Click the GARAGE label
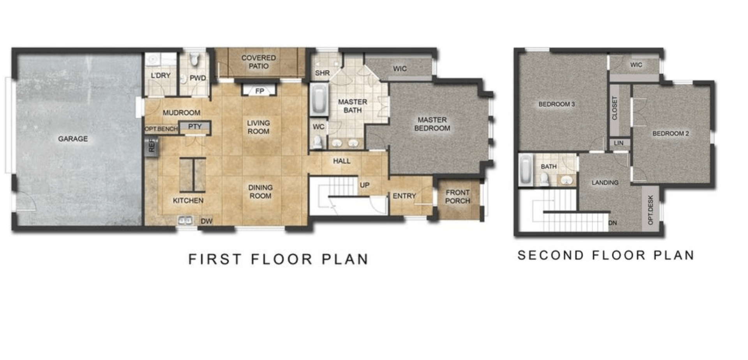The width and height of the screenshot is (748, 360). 73,139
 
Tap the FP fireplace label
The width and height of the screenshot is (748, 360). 259,91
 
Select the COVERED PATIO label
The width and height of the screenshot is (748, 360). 258,62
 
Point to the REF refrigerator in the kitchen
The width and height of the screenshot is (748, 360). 152,146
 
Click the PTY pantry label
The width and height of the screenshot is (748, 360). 195,127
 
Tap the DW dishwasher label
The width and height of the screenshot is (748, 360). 206,221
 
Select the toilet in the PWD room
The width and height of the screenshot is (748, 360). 194,59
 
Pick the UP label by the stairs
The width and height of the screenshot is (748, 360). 365,185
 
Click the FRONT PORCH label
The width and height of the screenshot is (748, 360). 457,197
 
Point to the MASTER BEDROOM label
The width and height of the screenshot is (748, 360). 432,124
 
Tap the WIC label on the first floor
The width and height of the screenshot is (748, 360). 400,69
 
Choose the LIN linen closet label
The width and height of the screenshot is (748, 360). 619,143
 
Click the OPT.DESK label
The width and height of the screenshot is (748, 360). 650,210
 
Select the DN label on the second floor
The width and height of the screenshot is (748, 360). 612,223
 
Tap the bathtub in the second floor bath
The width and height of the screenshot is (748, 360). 526,169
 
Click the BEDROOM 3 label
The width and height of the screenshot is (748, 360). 556,104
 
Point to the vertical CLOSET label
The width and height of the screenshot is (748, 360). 615,108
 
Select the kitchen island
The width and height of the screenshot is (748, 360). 192,175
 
